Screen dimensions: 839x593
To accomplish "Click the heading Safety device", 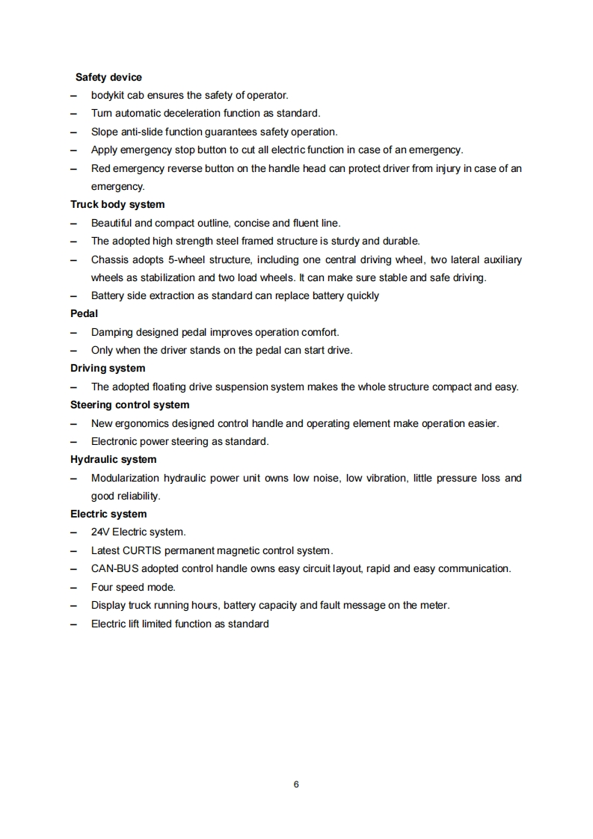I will (108, 77).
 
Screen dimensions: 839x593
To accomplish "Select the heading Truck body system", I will (117, 204).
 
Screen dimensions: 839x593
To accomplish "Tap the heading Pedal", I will (84, 313).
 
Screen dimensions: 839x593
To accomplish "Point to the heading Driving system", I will (108, 368).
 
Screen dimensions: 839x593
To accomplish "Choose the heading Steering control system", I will (129, 405).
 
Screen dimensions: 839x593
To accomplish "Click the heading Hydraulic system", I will (113, 459).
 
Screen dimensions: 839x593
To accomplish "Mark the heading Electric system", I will (108, 514).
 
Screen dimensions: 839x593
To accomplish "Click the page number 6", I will (296, 784).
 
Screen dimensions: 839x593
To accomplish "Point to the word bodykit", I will (108, 96).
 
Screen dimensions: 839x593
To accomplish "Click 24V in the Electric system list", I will (100, 532).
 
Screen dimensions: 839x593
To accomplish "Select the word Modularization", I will (125, 478).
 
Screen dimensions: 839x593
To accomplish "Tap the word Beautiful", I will (111, 223).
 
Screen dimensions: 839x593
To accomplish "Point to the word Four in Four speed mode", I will (102, 587).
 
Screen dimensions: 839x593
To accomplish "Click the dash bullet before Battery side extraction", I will (73, 295).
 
